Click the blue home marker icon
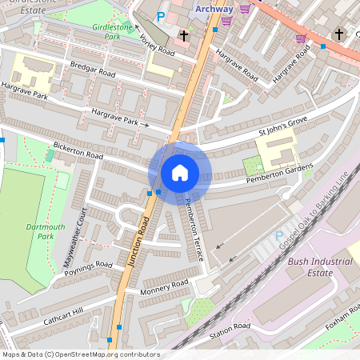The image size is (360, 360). tap(180, 172)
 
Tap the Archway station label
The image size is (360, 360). tap(214, 9)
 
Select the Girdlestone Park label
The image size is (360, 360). tap(111, 31)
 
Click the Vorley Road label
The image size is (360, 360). tap(156, 45)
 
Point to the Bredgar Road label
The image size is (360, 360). tap(92, 74)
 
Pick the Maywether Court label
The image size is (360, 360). tap(74, 241)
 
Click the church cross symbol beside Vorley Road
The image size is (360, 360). tap(184, 35)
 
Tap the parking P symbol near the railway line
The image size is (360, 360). tap(279, 237)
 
